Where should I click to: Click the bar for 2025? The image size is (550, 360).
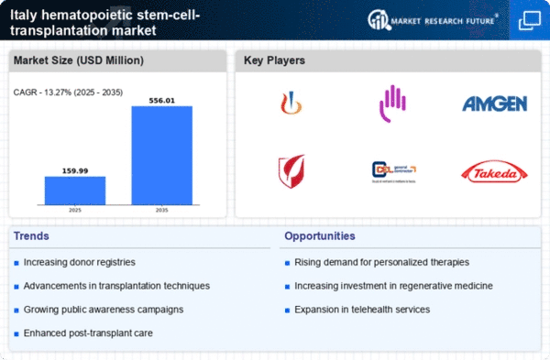coord(75,190)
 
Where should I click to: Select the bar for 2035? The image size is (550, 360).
coord(161,155)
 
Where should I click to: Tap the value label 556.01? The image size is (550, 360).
coord(161,99)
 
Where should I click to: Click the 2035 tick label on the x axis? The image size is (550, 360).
coord(161,210)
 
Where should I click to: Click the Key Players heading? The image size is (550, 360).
coord(274,60)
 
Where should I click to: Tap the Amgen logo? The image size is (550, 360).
coord(495,103)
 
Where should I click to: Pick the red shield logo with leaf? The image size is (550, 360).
coord(291,170)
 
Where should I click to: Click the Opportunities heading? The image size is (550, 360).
coord(321,236)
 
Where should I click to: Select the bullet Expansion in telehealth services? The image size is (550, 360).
coord(362,310)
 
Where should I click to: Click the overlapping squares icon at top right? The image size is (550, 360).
coord(529,19)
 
